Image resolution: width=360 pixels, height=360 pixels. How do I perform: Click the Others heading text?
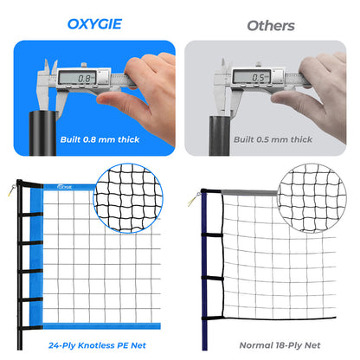point(270,25)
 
